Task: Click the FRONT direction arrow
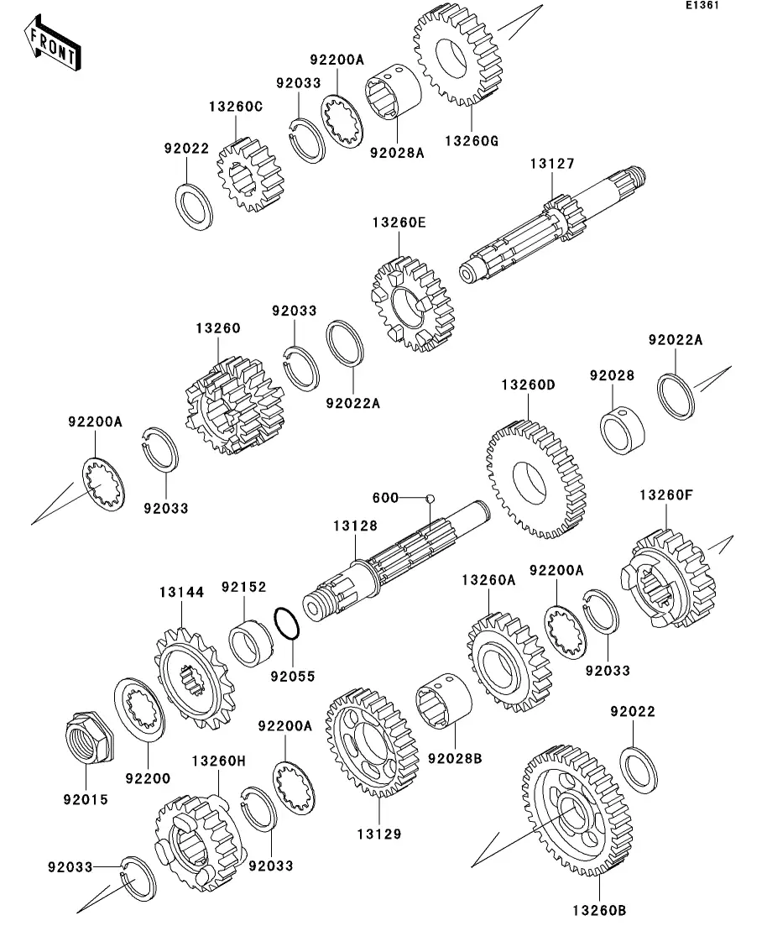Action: click(53, 45)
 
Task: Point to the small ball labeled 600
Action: click(430, 498)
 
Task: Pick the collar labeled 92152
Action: click(250, 643)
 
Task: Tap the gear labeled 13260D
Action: click(535, 479)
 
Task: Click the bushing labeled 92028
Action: click(623, 429)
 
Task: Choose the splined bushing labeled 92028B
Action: click(443, 704)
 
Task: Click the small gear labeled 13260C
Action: click(250, 175)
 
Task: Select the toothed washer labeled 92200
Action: click(138, 710)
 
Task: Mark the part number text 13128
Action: click(355, 526)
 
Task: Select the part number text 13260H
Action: click(218, 761)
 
